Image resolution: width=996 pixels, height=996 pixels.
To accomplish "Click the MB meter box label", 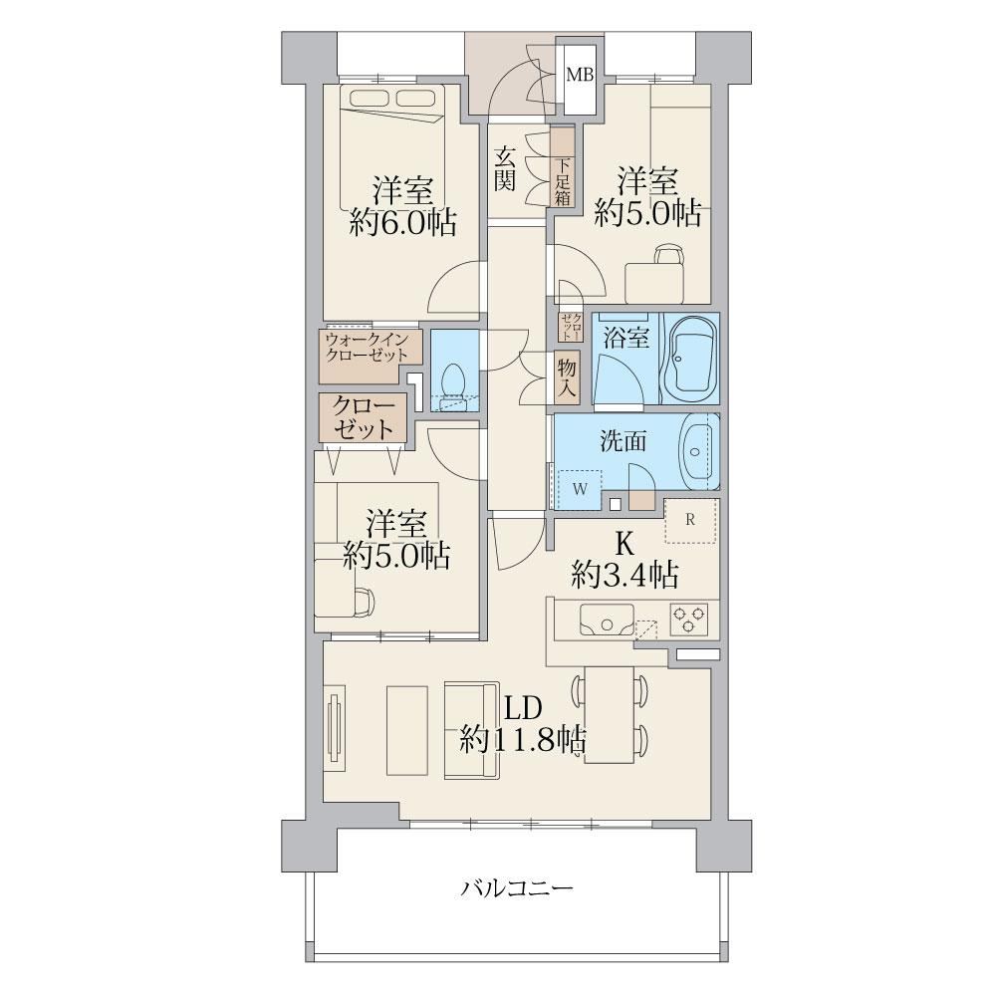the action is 580,75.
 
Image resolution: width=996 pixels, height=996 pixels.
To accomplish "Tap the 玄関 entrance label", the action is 505,168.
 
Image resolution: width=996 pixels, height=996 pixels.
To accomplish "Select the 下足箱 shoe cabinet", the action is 562,166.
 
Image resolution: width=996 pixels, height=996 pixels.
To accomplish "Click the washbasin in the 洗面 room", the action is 698,451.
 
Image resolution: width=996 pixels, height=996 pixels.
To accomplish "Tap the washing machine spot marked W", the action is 579,489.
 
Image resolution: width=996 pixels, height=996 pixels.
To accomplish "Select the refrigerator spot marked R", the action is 691,520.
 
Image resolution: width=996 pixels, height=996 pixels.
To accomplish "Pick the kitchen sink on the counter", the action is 607,620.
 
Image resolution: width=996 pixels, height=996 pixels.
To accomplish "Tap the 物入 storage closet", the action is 566,377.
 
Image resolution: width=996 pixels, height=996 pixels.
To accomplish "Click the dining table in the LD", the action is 610,714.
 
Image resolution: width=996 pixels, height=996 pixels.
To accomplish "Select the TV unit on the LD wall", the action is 335,728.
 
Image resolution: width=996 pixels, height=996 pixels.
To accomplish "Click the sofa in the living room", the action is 473,729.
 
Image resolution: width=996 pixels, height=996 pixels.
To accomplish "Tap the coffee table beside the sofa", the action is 406,730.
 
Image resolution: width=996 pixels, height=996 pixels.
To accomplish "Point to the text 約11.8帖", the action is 523,739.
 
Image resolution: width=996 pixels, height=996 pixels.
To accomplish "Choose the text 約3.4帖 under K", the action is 625,575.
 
